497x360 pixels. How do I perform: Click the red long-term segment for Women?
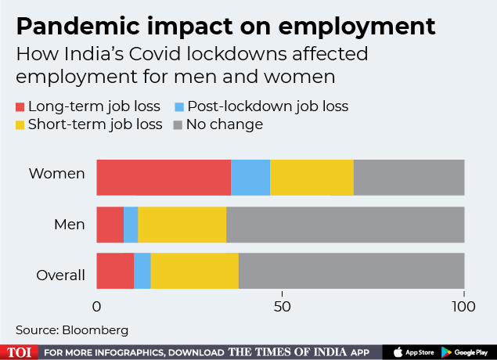point(164,176)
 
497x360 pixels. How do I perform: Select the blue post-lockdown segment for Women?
point(250,176)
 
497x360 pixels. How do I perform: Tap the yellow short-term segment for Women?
point(312,176)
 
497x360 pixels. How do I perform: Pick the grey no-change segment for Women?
point(409,176)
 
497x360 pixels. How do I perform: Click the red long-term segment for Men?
point(110,225)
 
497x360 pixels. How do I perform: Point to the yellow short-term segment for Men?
point(182,225)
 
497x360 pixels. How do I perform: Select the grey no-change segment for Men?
point(345,225)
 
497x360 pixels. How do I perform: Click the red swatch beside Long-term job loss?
point(20,106)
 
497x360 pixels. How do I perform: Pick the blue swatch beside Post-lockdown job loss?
point(179,106)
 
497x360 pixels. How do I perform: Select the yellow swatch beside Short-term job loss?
point(20,124)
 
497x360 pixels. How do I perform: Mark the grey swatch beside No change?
point(179,124)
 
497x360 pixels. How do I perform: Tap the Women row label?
point(56,174)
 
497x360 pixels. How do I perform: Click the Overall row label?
point(61,275)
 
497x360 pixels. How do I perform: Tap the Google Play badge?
point(467,351)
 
